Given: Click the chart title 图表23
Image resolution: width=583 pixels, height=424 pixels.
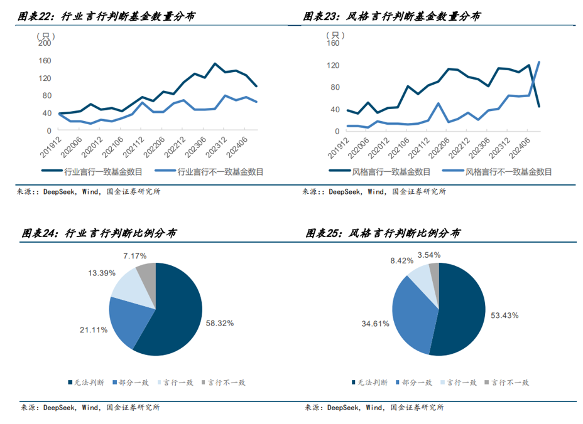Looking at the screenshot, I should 392,17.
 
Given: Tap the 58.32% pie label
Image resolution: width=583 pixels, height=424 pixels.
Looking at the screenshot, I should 220,323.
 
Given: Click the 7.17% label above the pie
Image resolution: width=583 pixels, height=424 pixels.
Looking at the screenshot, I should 135,256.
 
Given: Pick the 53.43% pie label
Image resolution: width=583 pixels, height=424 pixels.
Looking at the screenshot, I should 504,315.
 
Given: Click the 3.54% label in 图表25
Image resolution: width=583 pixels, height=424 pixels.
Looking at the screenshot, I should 429,255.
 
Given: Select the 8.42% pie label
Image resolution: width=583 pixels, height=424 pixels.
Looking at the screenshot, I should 401,260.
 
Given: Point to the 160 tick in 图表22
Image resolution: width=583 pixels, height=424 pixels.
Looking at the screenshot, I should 44,61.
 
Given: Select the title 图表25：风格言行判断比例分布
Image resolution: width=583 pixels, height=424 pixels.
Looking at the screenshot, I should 383,233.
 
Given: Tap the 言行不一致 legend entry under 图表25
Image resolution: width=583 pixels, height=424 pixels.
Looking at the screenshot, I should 510,382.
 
